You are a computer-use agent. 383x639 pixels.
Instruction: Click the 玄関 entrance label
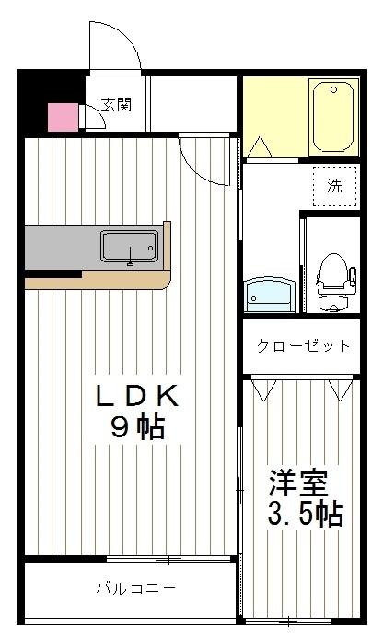[x=116, y=104]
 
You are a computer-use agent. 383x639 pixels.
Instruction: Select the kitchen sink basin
[x=129, y=247]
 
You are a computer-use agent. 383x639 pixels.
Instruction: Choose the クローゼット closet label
[x=303, y=346]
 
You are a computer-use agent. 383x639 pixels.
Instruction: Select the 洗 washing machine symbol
[x=333, y=184]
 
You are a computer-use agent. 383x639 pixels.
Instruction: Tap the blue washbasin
[x=269, y=295]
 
